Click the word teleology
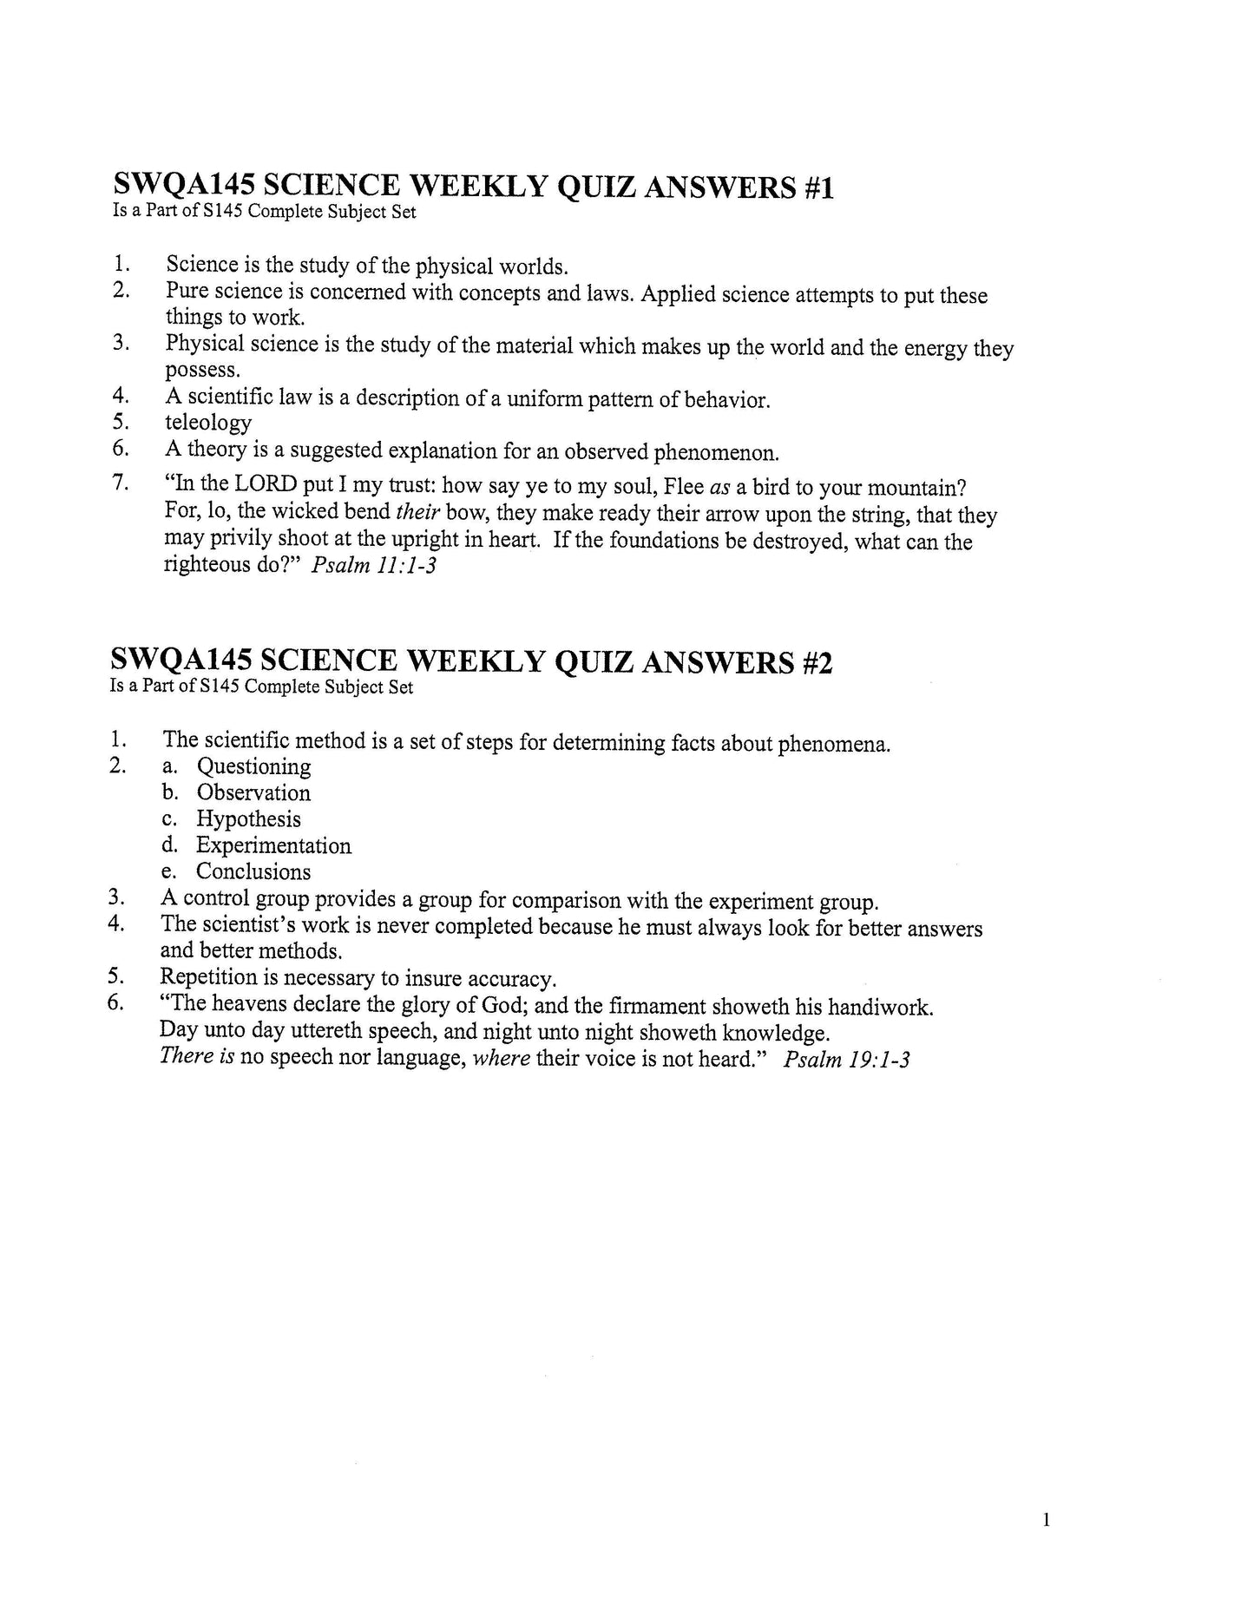(208, 424)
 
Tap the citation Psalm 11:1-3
(372, 567)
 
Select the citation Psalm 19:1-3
(846, 1060)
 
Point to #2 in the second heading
(817, 663)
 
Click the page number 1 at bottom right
(1046, 1520)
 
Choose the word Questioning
(253, 766)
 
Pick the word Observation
(253, 792)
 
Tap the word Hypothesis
(248, 819)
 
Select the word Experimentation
(273, 845)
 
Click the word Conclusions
(253, 871)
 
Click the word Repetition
(209, 978)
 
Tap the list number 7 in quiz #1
(121, 483)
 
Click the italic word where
(501, 1060)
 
